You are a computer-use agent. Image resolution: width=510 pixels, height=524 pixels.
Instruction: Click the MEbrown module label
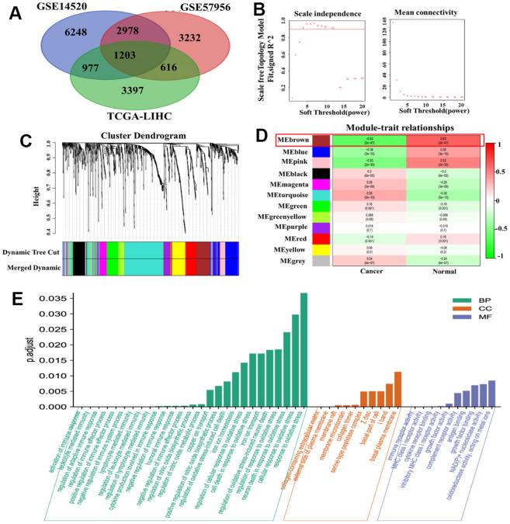(x=297, y=141)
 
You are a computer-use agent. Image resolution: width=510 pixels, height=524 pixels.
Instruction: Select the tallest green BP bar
(x=304, y=350)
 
